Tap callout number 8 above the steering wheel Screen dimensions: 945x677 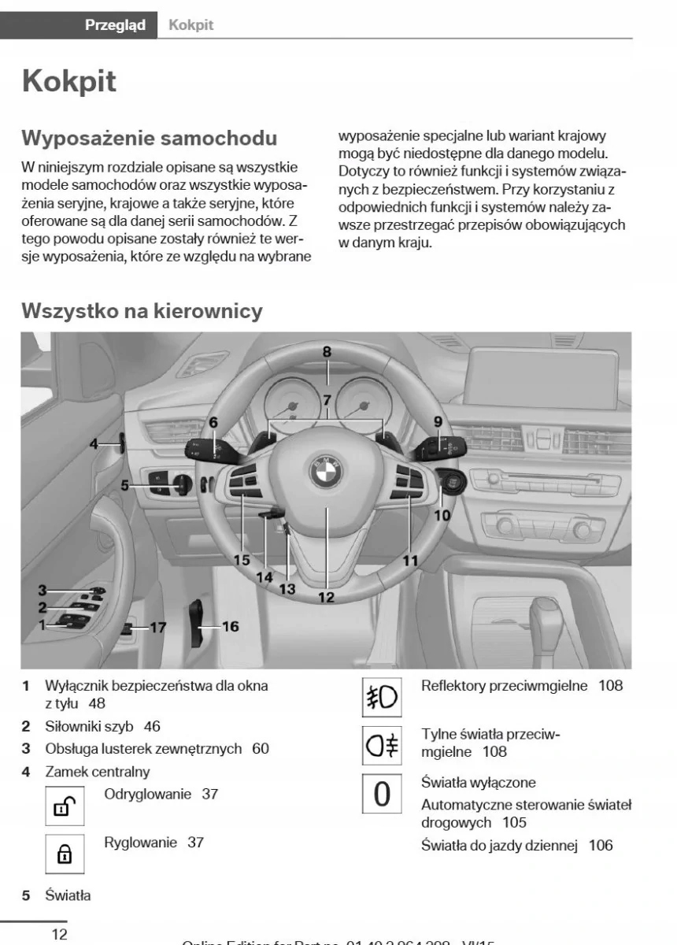pos(327,353)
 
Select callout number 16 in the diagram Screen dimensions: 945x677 pos(230,627)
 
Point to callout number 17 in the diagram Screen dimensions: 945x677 pos(158,628)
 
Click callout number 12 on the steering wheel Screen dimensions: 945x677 pos(326,597)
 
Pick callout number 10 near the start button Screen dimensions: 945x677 pos(442,515)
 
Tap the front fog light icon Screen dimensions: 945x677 pos(382,698)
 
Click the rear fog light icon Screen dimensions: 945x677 pos(382,744)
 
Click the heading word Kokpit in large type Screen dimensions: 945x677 pos(70,81)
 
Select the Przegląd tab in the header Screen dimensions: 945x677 pos(115,25)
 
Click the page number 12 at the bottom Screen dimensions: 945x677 pos(59,934)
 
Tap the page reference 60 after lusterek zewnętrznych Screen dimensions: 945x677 pos(261,748)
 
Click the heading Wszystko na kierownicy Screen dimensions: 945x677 pos(142,310)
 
